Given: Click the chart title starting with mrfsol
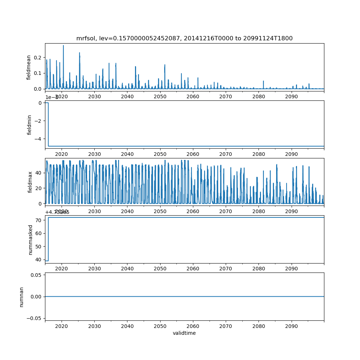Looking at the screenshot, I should pyautogui.click(x=184, y=39).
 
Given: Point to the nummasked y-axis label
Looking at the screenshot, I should pyautogui.click(x=31, y=239).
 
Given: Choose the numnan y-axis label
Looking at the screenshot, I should pyautogui.click(x=22, y=297).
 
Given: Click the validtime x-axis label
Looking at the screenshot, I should pyautogui.click(x=184, y=333).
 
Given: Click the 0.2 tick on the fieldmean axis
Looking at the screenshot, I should pyautogui.click(x=37, y=58).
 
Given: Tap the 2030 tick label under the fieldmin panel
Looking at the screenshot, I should pyautogui.click(x=94, y=154).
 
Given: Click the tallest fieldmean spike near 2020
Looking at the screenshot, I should pyautogui.click(x=63, y=46).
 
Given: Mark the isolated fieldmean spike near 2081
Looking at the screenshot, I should pyautogui.click(x=264, y=81).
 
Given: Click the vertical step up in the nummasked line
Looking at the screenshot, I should pyautogui.click(x=48, y=239).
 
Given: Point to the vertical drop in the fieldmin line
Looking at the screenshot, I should pyautogui.click(x=48, y=125).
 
